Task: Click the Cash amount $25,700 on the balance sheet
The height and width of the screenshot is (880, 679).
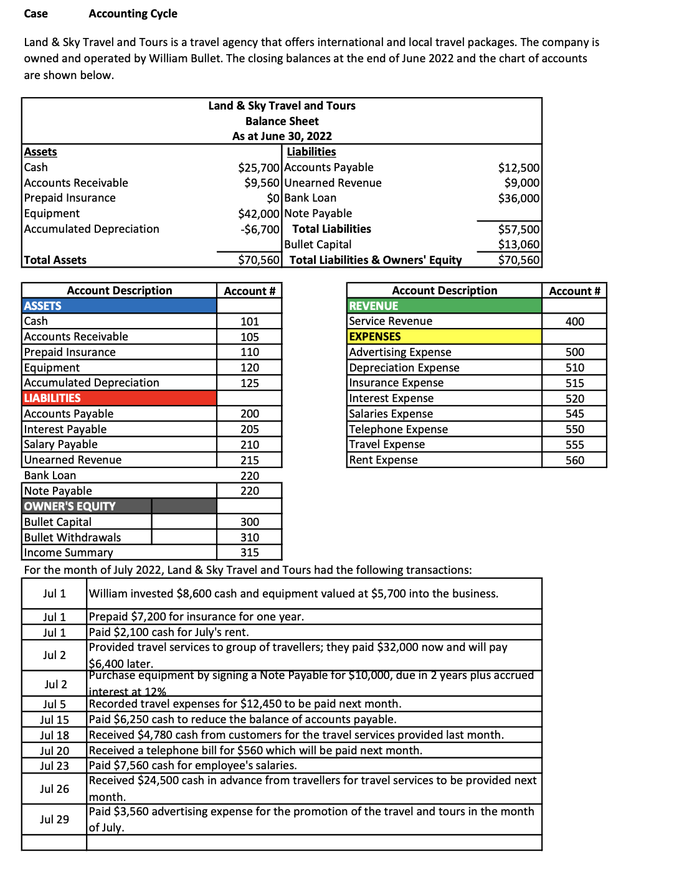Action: click(x=259, y=168)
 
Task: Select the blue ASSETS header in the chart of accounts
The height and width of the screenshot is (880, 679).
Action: click(x=118, y=306)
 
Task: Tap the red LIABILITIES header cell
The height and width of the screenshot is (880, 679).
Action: click(x=118, y=398)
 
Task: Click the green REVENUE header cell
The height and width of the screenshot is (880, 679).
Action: click(x=444, y=306)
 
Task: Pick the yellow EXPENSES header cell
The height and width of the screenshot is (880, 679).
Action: click(x=444, y=337)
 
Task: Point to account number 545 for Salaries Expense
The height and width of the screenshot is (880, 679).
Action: click(x=574, y=414)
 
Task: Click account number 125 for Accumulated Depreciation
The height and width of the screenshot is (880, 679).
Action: click(x=249, y=383)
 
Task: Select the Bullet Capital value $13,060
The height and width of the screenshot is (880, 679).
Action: click(x=518, y=245)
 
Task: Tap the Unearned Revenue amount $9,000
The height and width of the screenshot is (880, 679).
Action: click(x=521, y=183)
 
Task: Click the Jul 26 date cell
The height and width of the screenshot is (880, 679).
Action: click(x=54, y=789)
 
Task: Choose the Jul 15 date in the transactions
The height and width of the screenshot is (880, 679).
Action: click(x=54, y=720)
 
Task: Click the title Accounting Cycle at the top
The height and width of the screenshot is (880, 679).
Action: click(x=133, y=14)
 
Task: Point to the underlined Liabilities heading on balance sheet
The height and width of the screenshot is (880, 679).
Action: click(x=311, y=152)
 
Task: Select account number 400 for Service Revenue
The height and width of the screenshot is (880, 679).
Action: click(x=574, y=322)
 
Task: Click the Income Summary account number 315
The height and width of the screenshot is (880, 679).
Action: click(x=249, y=553)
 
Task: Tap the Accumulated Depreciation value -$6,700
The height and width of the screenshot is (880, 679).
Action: click(x=260, y=230)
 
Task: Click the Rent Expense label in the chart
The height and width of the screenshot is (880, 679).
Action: click(x=383, y=461)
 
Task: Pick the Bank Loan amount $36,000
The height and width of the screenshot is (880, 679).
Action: click(x=518, y=199)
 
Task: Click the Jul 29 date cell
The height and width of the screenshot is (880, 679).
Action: click(x=54, y=820)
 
